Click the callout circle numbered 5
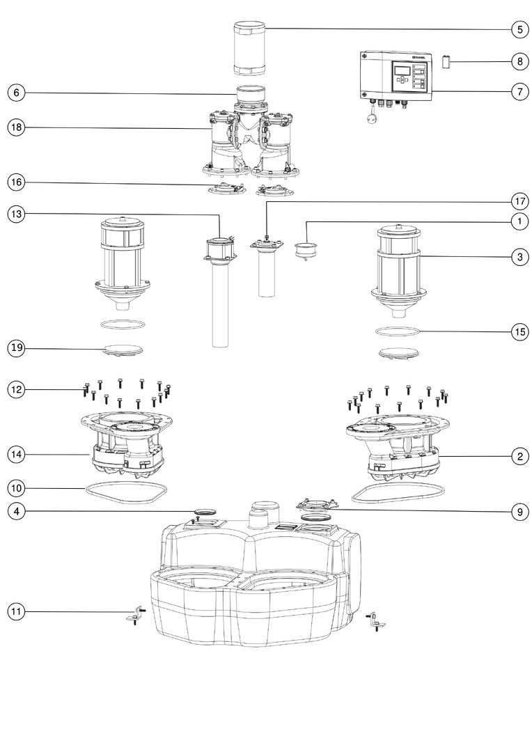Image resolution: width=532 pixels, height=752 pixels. [x=519, y=30]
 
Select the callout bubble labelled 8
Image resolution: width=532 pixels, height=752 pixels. [x=519, y=62]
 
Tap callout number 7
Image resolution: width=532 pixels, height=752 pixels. [x=519, y=92]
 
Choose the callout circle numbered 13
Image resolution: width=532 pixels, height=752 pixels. [x=17, y=214]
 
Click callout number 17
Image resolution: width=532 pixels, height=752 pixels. [x=519, y=202]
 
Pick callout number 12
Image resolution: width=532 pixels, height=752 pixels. [x=17, y=390]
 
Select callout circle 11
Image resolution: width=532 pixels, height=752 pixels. [x=17, y=611]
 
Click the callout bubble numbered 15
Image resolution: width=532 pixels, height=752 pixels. [x=519, y=331]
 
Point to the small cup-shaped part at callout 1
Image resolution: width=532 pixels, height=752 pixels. [x=304, y=249]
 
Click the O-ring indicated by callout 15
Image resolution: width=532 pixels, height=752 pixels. [x=397, y=331]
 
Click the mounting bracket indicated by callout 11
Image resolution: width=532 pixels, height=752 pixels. [x=135, y=616]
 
